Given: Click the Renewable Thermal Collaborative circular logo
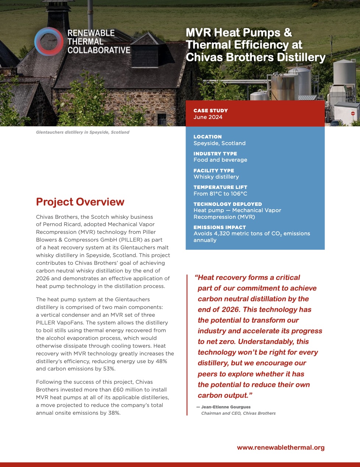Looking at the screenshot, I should [49, 41].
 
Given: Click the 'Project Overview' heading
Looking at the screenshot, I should [80, 202].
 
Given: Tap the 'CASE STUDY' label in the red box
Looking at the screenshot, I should [211, 110].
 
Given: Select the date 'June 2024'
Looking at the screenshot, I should [208, 117].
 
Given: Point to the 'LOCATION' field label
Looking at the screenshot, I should [208, 137].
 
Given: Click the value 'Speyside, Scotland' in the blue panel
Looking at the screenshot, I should [219, 143].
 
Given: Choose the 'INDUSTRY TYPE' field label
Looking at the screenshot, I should [215, 154].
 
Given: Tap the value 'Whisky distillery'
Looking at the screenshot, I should [216, 177].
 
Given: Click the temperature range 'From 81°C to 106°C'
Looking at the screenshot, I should [220, 194].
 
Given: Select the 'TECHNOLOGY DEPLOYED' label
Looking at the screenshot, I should [227, 204].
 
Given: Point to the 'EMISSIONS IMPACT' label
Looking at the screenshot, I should [219, 227].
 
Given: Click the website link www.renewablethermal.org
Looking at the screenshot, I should [280, 447].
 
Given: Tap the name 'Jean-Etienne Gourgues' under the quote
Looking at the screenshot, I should [226, 407].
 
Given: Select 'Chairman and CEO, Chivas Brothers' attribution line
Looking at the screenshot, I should [238, 413].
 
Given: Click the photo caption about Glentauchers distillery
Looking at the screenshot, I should [82, 132].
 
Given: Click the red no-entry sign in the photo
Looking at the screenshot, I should [353, 114].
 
